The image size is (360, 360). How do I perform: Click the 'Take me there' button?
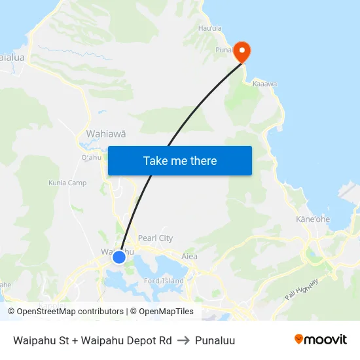pos(180,160)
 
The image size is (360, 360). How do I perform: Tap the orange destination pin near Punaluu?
pos(242,52)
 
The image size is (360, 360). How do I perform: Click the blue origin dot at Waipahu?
pos(118,257)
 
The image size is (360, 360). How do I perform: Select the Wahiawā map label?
pos(106,134)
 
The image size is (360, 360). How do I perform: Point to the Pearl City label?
pos(155,238)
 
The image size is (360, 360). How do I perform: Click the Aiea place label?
pos(189,257)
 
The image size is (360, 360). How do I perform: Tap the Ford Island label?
pos(164,281)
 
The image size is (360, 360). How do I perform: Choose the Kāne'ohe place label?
pos(313,219)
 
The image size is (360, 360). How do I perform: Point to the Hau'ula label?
pos(210,28)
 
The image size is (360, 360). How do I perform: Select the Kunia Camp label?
pos(67,183)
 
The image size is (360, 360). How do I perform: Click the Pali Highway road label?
pos(302,288)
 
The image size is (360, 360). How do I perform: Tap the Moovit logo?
pos(321,340)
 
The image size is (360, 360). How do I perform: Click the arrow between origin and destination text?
pos(183,340)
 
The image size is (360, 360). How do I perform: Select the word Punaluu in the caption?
pos(215,340)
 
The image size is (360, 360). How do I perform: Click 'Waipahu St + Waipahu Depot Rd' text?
pos(92,340)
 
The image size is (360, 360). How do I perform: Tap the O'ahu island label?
pos(91,157)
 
